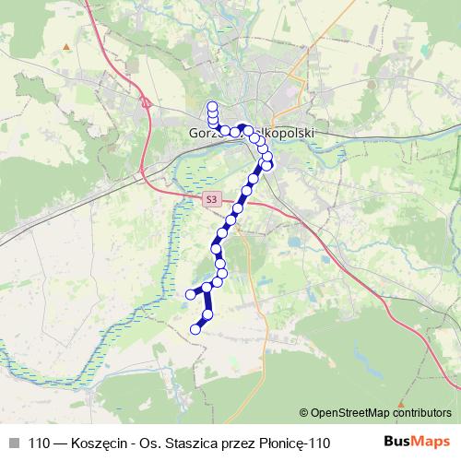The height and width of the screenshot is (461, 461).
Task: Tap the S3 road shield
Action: (212, 198)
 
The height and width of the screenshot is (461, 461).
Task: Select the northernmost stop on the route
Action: (212, 105)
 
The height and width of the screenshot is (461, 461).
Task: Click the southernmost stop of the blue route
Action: (195, 328)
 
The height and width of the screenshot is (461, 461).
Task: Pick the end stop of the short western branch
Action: (191, 294)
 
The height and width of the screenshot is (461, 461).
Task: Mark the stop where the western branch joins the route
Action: (207, 288)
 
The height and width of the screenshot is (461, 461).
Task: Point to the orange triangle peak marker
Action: (65, 45)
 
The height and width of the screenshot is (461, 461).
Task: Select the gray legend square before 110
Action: (13, 442)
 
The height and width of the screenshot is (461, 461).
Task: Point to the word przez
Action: (238, 442)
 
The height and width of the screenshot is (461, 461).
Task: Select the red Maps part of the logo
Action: (432, 442)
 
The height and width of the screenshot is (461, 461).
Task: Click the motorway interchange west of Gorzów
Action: (146, 104)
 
